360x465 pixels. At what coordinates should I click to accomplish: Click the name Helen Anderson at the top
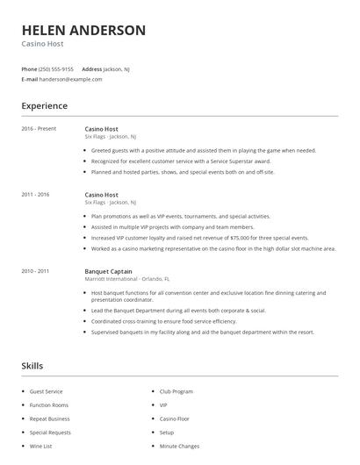(x=83, y=30)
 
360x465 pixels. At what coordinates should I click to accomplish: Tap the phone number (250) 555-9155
(x=56, y=68)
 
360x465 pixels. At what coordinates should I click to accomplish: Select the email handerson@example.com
(x=71, y=79)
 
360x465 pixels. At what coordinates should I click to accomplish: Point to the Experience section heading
(x=44, y=106)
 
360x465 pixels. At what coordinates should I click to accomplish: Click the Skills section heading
(x=32, y=365)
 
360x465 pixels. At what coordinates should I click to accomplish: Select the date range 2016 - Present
(x=39, y=129)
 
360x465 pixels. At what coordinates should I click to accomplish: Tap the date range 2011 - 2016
(x=35, y=194)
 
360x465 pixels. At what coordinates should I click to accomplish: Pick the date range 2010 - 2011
(x=35, y=271)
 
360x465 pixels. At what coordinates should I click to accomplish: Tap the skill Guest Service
(x=47, y=391)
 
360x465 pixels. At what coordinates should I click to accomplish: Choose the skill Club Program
(x=176, y=391)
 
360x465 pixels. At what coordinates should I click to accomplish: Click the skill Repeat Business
(x=49, y=418)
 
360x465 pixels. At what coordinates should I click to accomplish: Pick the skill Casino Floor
(x=175, y=418)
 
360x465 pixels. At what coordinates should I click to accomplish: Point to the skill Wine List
(x=41, y=446)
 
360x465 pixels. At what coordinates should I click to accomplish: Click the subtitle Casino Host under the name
(x=43, y=44)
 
